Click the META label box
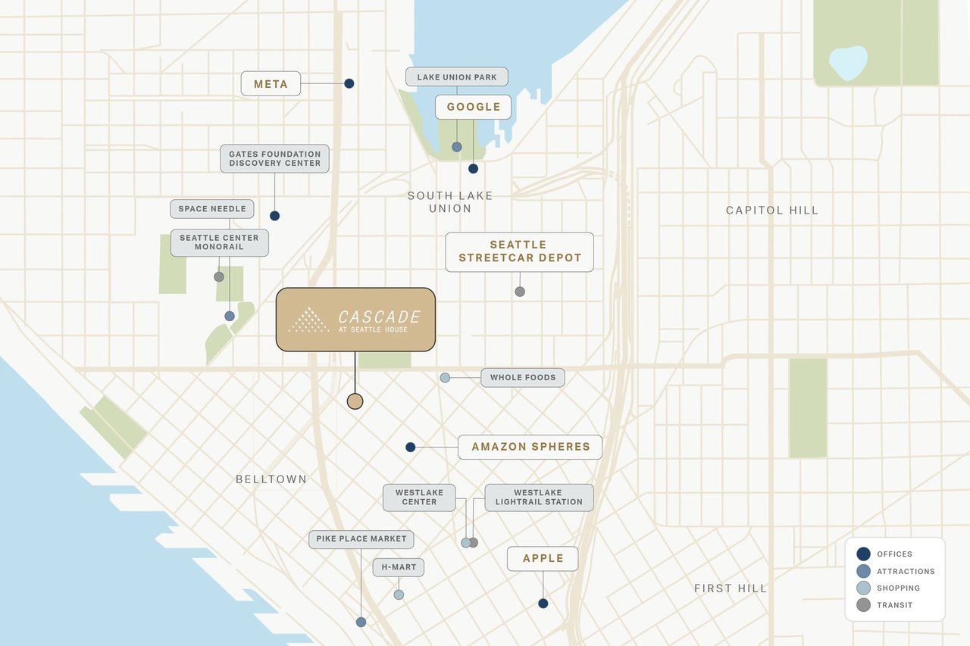(271, 84)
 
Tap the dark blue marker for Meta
(349, 83)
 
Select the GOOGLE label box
(473, 107)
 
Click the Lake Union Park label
(457, 77)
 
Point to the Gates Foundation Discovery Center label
(274, 158)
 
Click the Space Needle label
(212, 209)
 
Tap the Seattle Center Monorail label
(219, 242)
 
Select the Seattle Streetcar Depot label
(519, 251)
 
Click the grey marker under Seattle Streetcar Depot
(520, 292)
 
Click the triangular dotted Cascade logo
(309, 320)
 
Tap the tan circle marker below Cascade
(355, 401)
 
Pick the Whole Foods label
(522, 377)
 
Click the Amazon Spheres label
(530, 447)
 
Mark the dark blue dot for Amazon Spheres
(411, 448)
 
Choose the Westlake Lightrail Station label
(539, 498)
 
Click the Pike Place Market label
(361, 539)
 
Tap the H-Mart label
(399, 567)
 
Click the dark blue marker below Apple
(543, 604)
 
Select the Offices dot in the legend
(863, 554)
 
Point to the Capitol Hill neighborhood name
(772, 211)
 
